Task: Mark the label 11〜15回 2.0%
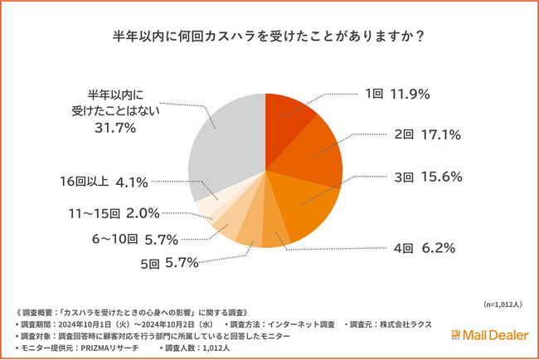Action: tap(116, 212)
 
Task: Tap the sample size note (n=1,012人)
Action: tap(502, 304)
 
